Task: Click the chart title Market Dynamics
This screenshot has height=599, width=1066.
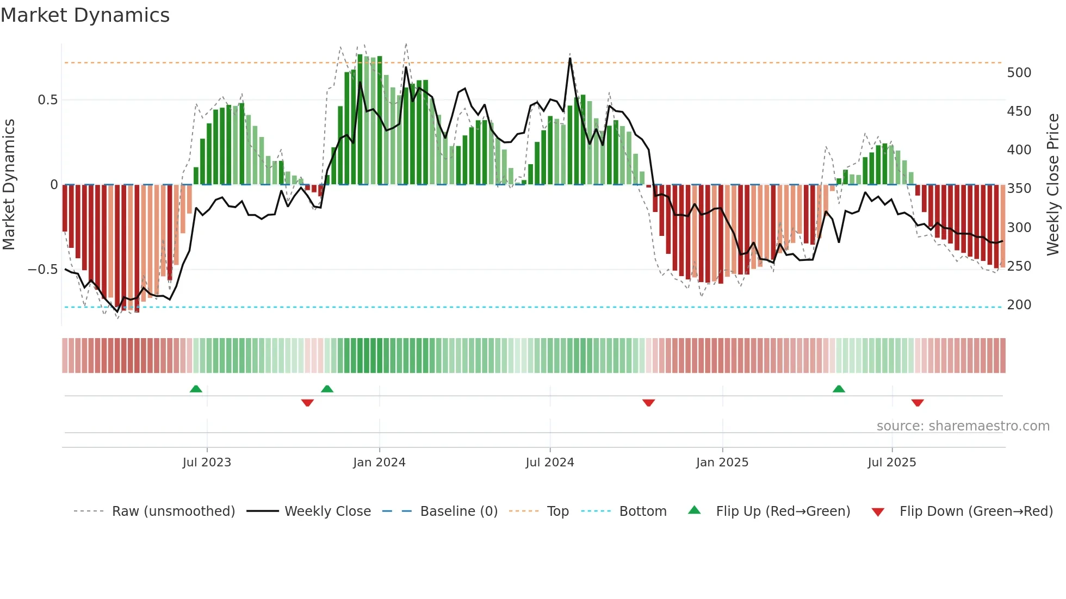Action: click(x=85, y=15)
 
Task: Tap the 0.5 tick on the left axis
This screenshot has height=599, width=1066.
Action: click(x=47, y=100)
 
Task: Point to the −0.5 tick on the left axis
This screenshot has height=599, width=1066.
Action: click(x=43, y=270)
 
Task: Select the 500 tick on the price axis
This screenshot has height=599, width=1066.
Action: click(x=1019, y=73)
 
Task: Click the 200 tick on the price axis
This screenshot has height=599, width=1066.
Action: click(x=1019, y=305)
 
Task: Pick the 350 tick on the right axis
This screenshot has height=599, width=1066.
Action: click(x=1019, y=189)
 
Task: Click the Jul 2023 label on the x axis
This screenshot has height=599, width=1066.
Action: click(x=207, y=463)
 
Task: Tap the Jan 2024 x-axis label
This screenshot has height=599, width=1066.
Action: click(x=379, y=463)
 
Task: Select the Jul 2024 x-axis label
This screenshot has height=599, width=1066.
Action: click(x=550, y=463)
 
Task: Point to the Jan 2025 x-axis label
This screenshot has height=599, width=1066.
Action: click(x=722, y=463)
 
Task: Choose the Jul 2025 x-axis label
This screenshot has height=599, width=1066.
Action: click(x=892, y=463)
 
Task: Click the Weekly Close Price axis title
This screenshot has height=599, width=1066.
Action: click(x=1053, y=184)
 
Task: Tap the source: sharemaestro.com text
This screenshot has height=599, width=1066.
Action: click(x=963, y=426)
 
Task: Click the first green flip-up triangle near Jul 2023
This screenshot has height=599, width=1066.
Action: click(x=196, y=389)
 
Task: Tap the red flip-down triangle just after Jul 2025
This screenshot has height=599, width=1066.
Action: click(x=918, y=403)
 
